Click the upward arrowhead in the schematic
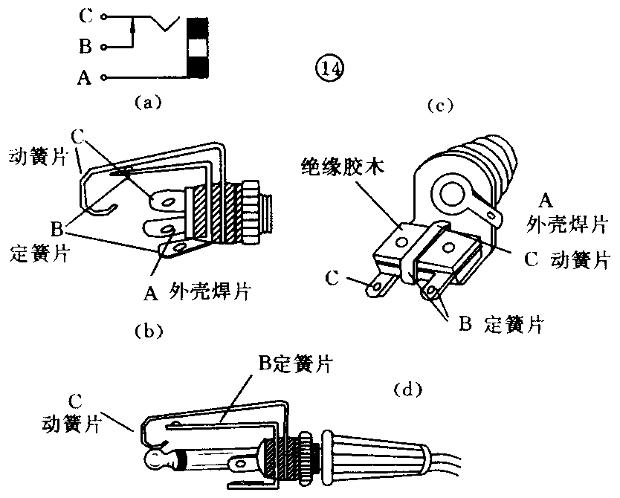(x=132, y=27)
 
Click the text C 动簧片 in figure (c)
(x=562, y=259)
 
